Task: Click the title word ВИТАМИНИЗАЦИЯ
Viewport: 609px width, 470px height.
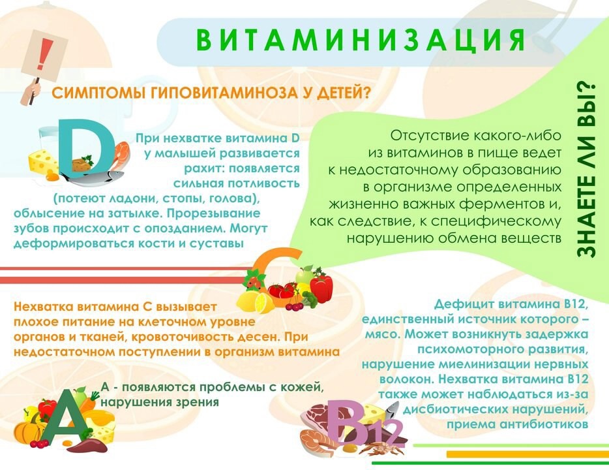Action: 361,40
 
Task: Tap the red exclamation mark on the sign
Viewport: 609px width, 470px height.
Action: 45,54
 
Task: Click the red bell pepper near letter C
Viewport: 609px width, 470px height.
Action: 321,288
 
